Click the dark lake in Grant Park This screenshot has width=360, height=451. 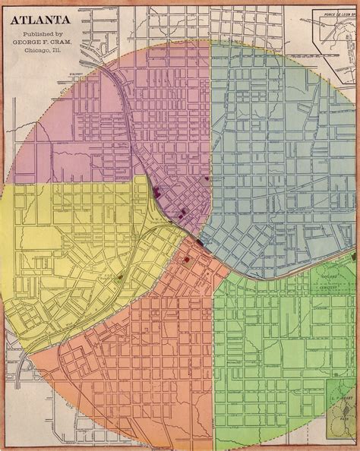[x=339, y=414]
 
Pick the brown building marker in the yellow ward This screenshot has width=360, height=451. [x=119, y=279]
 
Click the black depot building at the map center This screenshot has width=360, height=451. [x=199, y=242]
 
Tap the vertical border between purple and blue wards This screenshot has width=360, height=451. [x=210, y=114]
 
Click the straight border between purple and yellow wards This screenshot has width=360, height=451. [x=68, y=181]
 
